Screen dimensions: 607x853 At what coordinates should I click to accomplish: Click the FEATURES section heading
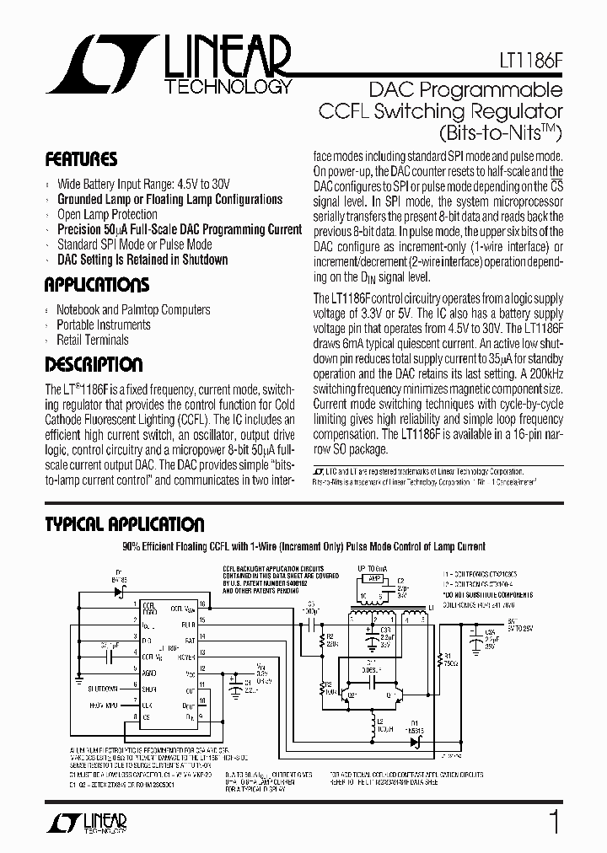point(81,159)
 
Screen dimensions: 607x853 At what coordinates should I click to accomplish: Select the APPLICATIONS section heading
point(97,284)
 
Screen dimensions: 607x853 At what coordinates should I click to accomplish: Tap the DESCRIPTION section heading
point(94,365)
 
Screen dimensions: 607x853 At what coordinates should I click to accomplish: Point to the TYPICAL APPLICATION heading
point(125,524)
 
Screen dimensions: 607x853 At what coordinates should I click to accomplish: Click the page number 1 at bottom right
point(554,822)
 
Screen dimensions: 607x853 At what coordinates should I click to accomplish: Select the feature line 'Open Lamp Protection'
point(107,215)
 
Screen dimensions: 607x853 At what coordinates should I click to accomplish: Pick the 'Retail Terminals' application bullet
point(93,340)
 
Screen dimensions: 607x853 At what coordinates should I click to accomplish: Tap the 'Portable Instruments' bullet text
point(104,325)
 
